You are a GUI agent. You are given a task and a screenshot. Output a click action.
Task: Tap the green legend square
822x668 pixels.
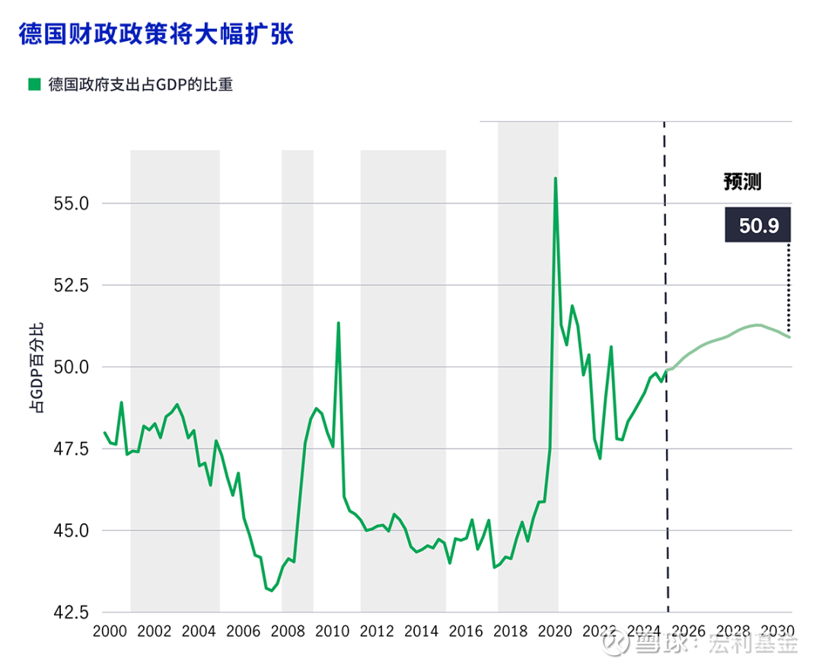click(x=33, y=85)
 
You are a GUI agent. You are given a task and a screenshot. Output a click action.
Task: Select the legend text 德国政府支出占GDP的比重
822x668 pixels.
click(x=140, y=85)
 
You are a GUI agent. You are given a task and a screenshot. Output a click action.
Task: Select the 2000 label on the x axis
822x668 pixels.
click(x=109, y=631)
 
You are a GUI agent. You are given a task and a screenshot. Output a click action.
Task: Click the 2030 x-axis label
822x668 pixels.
click(x=777, y=631)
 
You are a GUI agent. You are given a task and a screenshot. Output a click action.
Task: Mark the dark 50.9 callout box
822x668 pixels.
click(x=757, y=225)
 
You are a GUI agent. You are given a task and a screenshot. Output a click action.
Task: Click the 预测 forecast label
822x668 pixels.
click(x=742, y=182)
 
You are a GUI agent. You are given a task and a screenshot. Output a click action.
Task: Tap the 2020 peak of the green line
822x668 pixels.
click(x=556, y=179)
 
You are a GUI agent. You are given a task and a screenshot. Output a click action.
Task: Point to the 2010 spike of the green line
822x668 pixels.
click(x=338, y=324)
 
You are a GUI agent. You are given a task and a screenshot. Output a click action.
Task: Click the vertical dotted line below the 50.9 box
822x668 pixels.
click(x=789, y=286)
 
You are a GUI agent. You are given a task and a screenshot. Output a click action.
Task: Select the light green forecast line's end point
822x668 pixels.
click(x=790, y=337)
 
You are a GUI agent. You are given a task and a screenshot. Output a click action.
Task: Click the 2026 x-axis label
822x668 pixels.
click(x=688, y=631)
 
